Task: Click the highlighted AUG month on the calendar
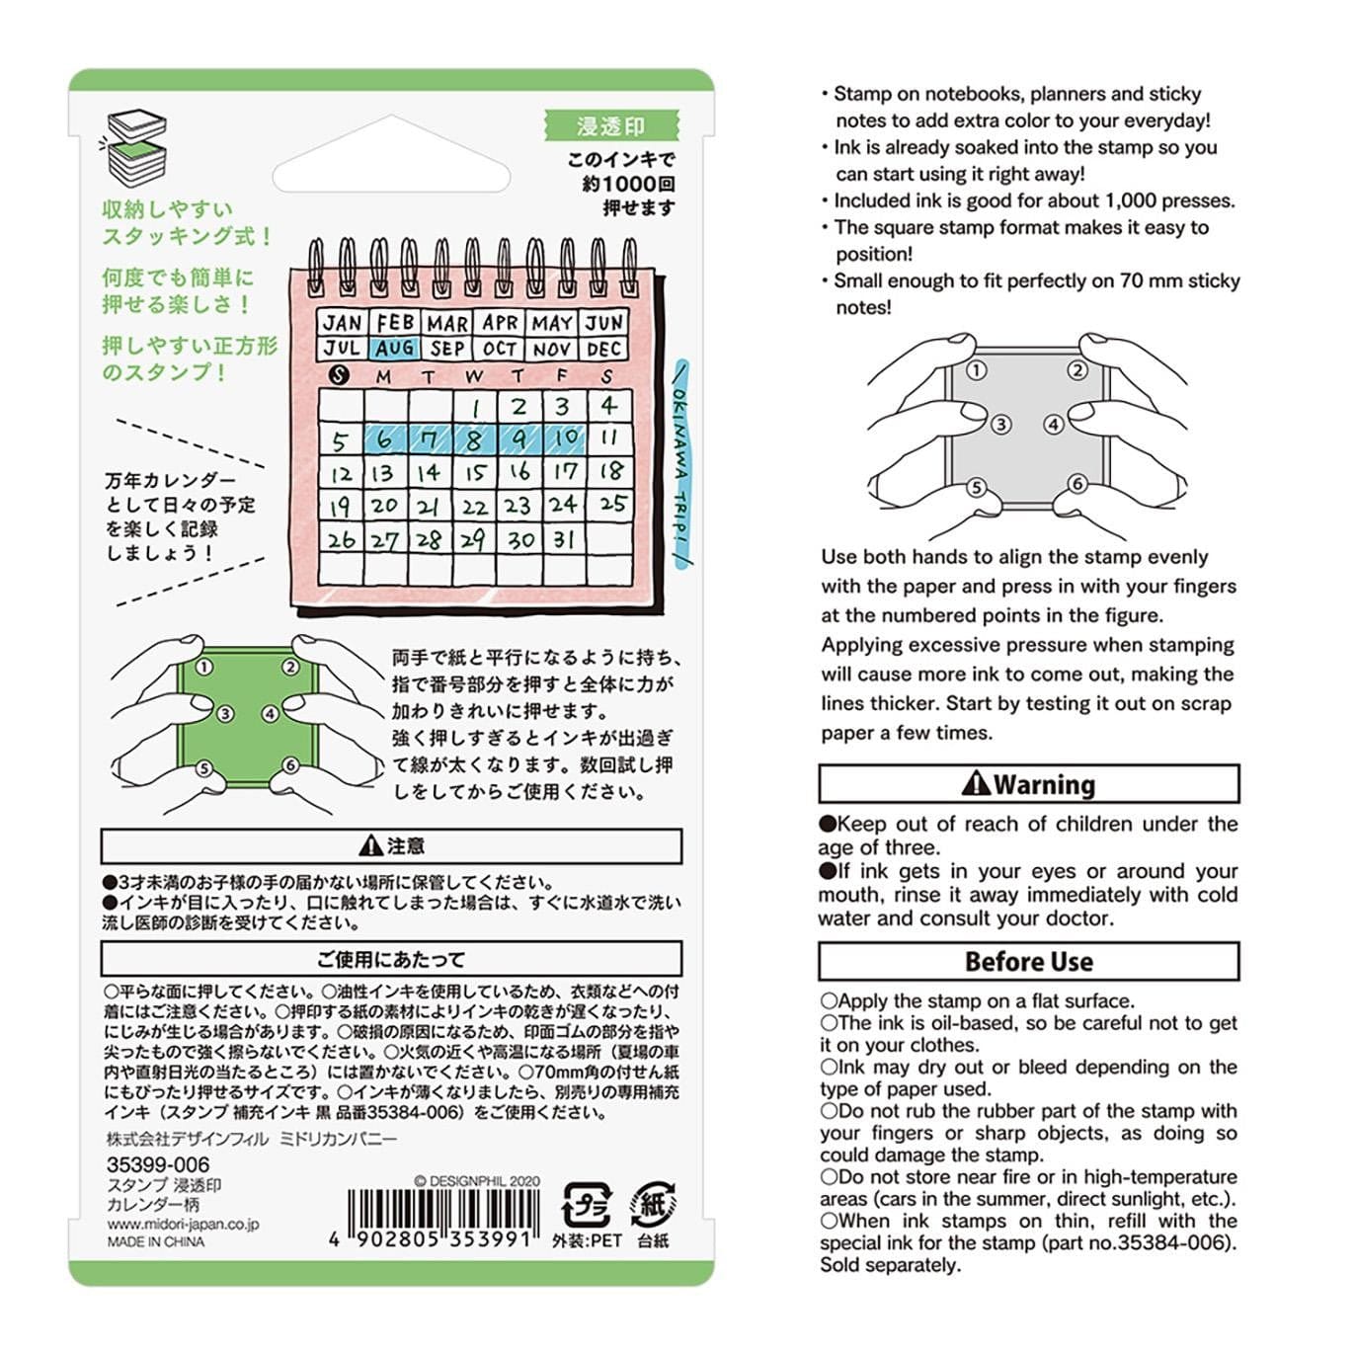coord(395,349)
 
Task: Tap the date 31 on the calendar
coord(564,539)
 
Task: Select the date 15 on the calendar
coord(476,473)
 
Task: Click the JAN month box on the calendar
coord(343,323)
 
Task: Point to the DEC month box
coord(603,349)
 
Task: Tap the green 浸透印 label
coord(610,126)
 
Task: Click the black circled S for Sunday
coord(340,375)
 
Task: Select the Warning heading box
coord(1028,784)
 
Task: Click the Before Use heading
coord(1028,962)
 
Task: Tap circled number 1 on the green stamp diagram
coord(203,667)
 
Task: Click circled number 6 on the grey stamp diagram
coord(1077,484)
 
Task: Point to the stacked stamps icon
coord(137,148)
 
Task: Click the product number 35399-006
coord(158,1164)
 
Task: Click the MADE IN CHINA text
coord(156,1242)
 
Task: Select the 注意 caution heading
coord(391,846)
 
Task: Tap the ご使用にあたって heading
coord(391,959)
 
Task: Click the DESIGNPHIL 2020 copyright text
coord(477,1181)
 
